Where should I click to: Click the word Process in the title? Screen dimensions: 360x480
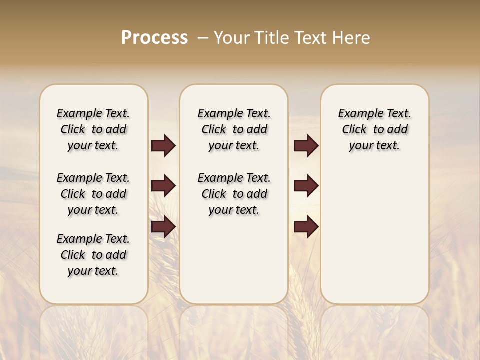pos(154,38)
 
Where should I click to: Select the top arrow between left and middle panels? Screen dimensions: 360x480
pos(163,145)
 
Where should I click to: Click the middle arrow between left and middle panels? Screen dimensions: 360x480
pos(163,186)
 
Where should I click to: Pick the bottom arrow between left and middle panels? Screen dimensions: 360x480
pos(163,227)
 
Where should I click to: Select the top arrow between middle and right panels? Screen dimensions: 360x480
pos(306,145)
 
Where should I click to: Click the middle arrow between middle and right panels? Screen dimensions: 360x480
pos(306,186)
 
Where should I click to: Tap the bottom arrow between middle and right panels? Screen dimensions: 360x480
pos(306,227)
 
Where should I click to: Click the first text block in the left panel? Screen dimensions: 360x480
pos(93,129)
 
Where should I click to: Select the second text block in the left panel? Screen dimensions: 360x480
pos(93,194)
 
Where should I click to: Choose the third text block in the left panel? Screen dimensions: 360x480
pos(93,255)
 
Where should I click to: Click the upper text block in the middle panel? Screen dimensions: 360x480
pos(234,129)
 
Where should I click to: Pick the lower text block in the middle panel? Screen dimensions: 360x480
pos(234,194)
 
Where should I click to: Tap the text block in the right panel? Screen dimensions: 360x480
pos(374,129)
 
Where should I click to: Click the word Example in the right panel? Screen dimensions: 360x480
pos(360,114)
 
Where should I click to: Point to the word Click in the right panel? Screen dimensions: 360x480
pos(354,130)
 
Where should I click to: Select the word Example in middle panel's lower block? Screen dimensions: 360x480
pos(219,178)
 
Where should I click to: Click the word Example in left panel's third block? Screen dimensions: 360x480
pos(79,239)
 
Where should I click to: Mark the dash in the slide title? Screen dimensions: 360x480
pos(202,38)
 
